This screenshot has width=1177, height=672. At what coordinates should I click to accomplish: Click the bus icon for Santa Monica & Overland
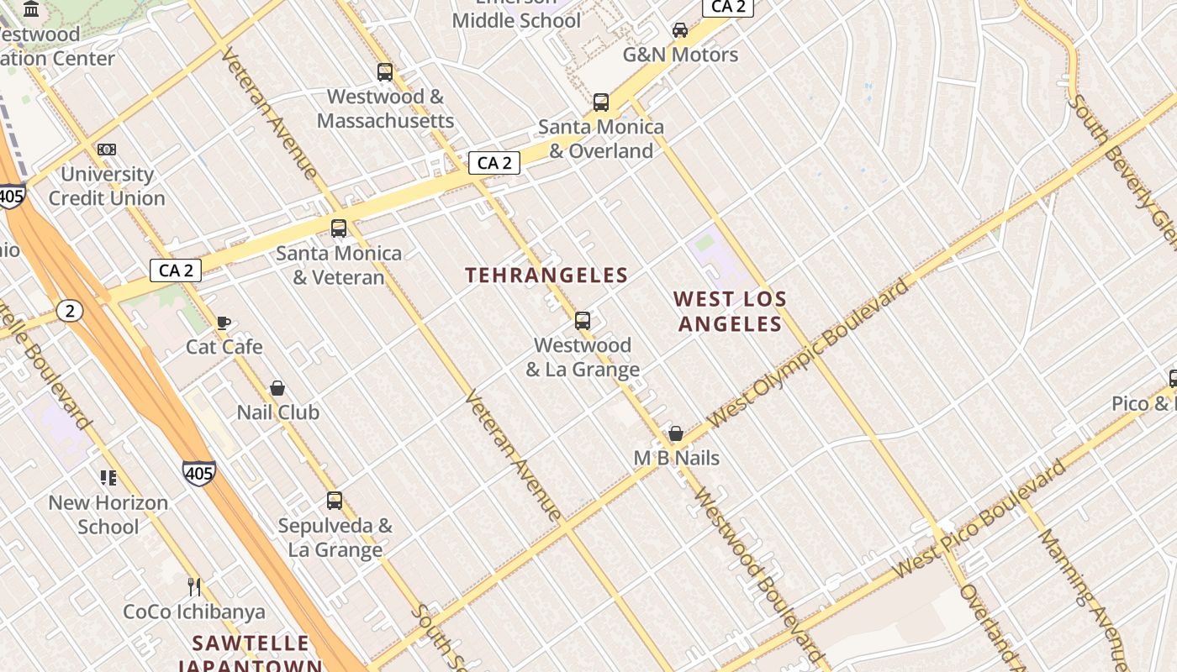point(601,102)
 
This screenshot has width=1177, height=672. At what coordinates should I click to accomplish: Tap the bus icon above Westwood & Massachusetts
point(385,72)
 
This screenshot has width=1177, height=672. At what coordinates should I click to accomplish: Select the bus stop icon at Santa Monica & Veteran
point(339,228)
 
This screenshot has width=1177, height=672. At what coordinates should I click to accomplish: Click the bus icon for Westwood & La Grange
point(583,320)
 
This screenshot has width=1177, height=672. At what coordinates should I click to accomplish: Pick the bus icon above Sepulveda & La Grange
point(335,501)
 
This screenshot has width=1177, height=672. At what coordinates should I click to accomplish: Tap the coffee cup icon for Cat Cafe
point(224,322)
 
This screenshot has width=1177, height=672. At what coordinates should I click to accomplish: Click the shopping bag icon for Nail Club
point(277,388)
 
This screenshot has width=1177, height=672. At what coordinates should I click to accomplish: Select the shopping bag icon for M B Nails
point(676,433)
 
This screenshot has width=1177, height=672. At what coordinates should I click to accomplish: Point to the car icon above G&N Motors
point(680,30)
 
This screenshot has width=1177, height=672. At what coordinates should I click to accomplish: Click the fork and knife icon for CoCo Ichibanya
point(194,586)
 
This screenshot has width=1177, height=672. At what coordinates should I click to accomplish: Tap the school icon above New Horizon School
point(108,478)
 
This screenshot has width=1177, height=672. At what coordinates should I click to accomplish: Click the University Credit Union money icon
point(106,150)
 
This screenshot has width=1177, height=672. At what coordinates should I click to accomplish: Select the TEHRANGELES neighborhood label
point(546,275)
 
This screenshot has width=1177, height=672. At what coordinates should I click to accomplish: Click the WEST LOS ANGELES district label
point(730,311)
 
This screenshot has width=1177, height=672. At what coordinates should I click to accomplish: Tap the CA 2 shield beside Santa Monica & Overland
point(494,163)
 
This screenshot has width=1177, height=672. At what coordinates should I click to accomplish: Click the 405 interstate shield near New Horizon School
point(198,473)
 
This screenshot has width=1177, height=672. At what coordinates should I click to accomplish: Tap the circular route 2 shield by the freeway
point(71,312)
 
